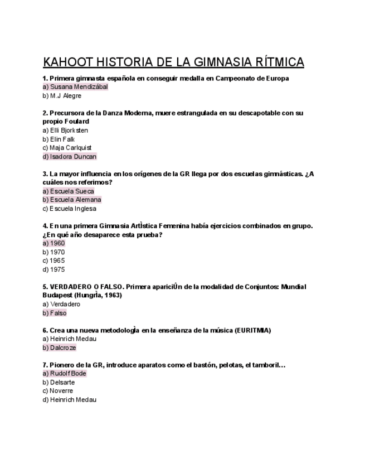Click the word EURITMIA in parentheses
pos(252,330)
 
